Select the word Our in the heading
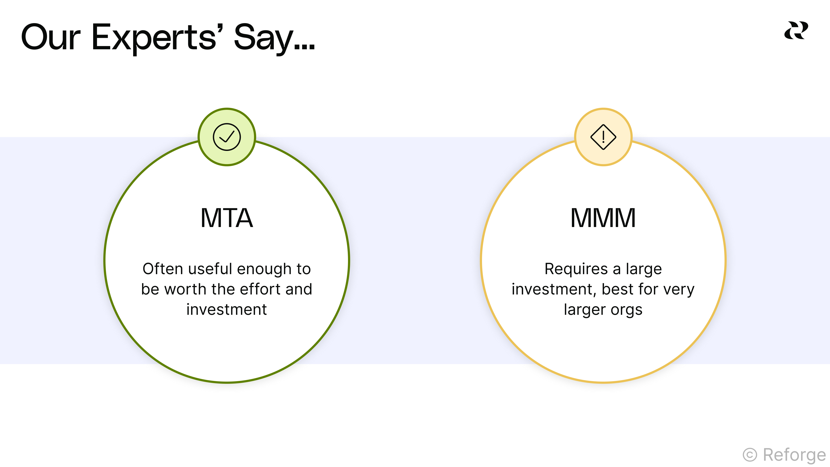(51, 38)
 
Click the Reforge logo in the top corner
(796, 31)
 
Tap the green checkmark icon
(227, 137)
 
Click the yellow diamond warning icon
(603, 137)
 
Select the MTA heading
(227, 218)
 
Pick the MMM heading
(603, 218)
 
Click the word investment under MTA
(227, 309)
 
